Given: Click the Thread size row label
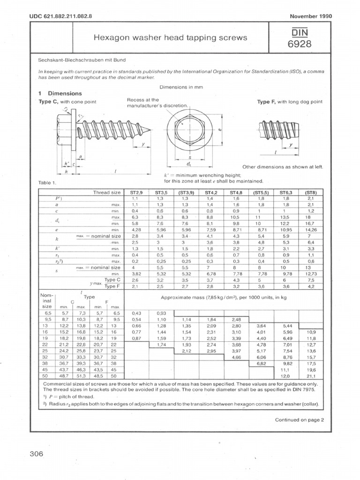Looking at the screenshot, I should (x=107, y=192).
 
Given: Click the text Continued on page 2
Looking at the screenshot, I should (x=300, y=420).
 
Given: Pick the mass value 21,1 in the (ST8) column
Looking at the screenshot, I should (x=311, y=375).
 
